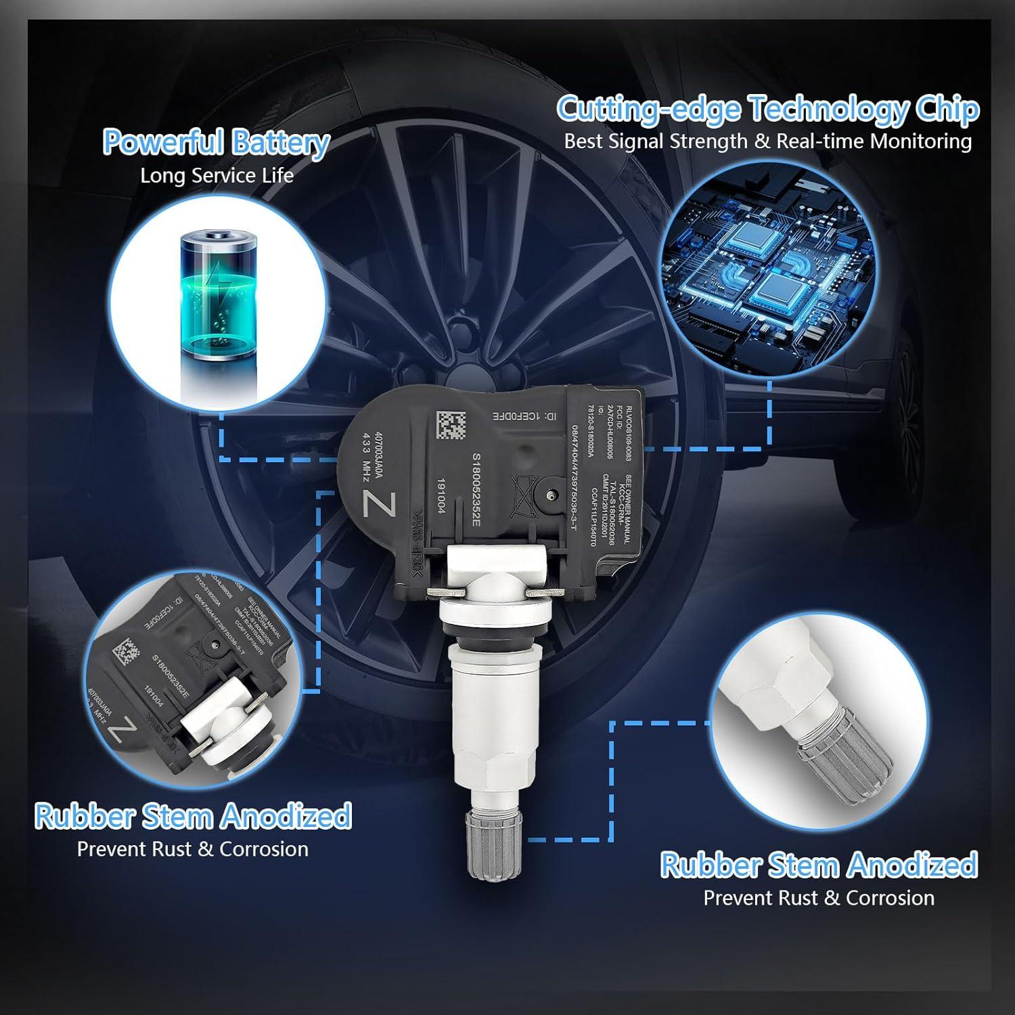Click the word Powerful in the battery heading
point(162,142)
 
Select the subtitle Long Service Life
point(217,176)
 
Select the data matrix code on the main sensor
point(451,424)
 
